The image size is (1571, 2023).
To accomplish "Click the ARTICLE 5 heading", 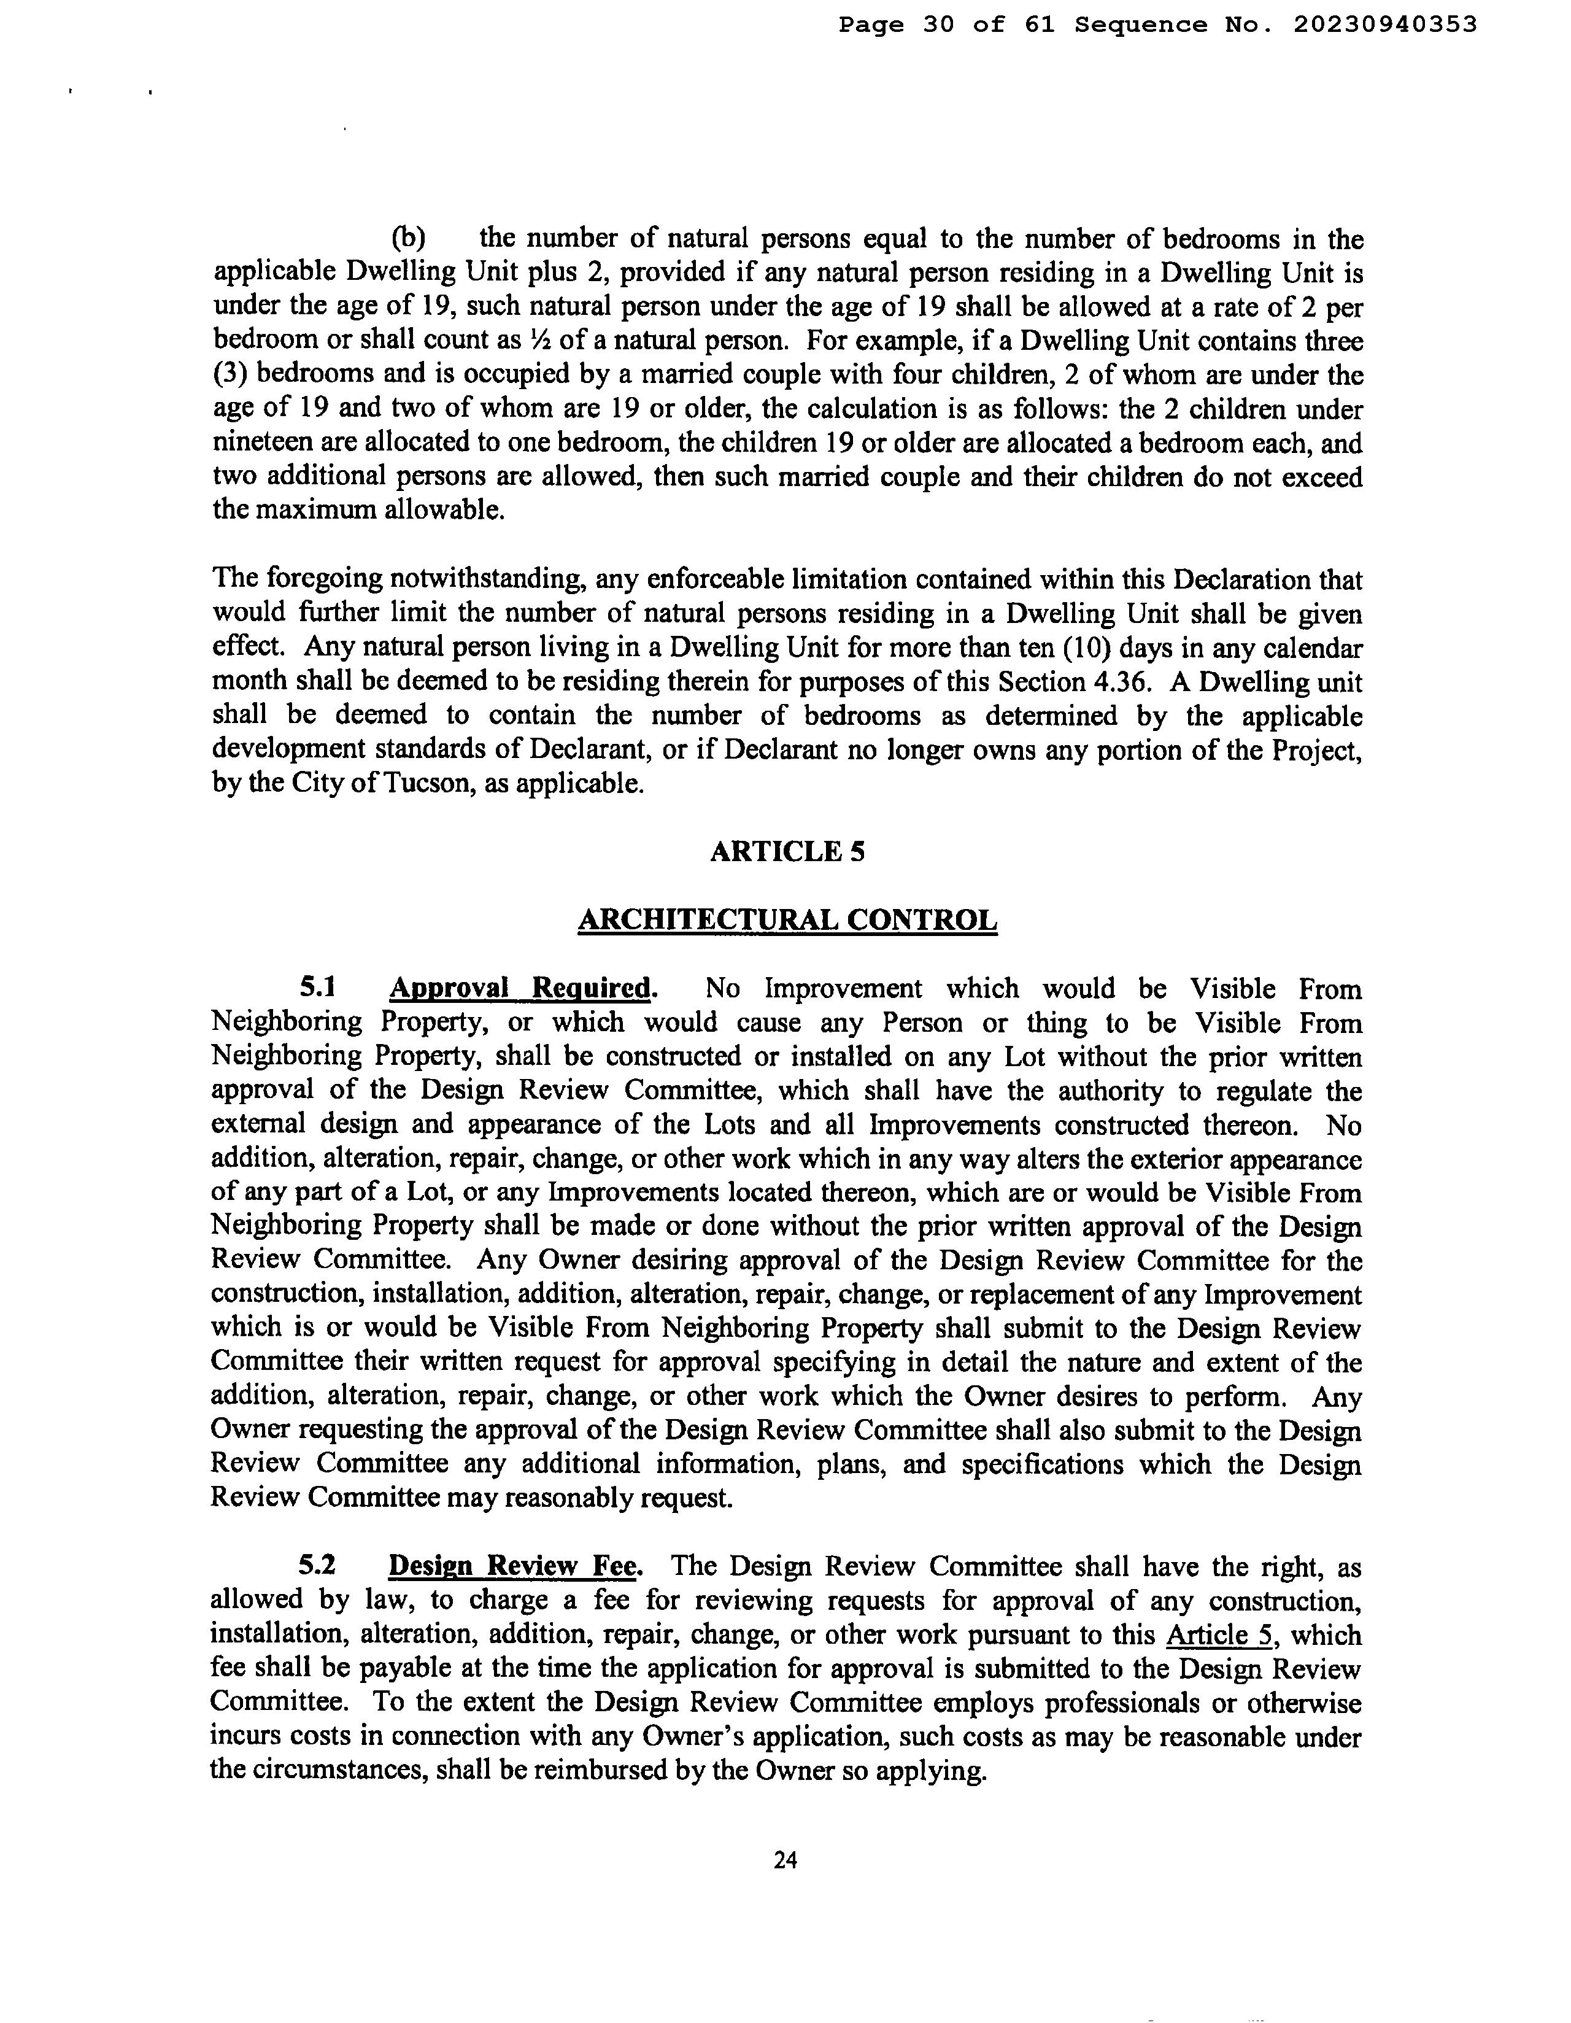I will [x=787, y=851].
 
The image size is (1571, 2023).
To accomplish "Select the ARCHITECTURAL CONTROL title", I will [x=787, y=920].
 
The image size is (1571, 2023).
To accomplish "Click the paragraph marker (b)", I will [x=409, y=238].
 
